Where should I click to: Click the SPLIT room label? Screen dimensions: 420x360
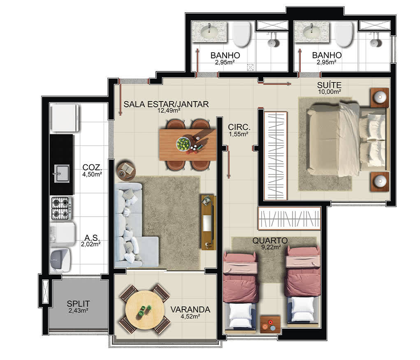tap(78, 304)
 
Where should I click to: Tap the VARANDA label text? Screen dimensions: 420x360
tap(190, 310)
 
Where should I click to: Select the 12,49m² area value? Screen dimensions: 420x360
tap(169, 111)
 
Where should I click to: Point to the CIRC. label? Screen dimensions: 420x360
tap(239, 127)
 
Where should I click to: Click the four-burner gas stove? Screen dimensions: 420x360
tap(62, 208)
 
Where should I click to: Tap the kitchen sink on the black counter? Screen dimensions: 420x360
tap(62, 173)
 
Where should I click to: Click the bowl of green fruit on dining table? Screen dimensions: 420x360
tap(183, 144)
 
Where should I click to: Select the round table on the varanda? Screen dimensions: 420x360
tap(145, 310)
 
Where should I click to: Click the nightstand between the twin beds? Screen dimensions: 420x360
tap(270, 324)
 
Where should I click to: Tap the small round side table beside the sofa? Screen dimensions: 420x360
tap(126, 171)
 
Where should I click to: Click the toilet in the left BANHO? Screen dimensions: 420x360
tap(241, 35)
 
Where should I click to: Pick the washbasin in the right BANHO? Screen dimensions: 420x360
tap(312, 32)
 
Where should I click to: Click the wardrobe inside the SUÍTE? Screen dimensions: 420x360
tap(276, 156)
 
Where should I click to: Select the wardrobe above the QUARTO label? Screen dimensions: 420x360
tap(289, 219)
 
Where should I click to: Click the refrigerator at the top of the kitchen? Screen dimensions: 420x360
tap(65, 118)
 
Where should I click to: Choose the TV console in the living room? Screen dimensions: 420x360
tap(209, 222)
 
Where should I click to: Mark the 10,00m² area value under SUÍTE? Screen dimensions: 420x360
tap(330, 92)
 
